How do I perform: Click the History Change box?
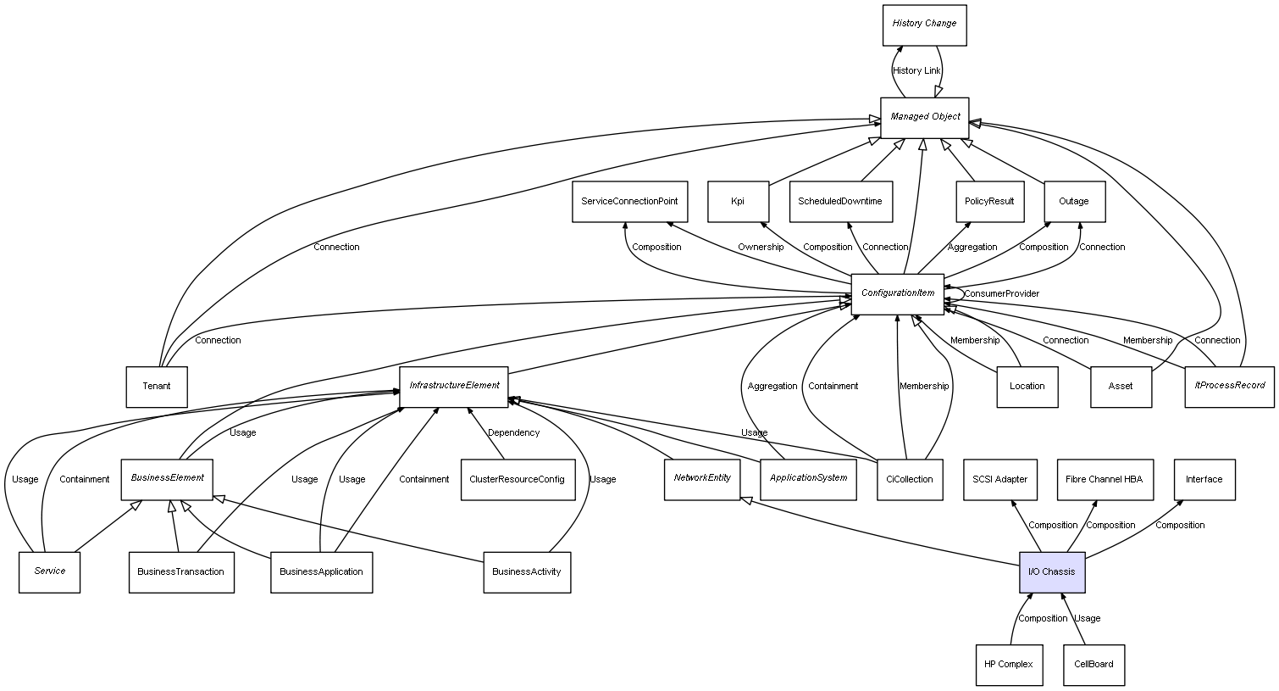[x=924, y=25]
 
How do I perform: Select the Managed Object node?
[x=924, y=118]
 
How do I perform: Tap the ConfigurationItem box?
[x=897, y=294]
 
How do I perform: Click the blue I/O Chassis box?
[x=1051, y=572]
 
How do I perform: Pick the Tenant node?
[x=157, y=387]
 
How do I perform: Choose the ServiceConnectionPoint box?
[x=628, y=202]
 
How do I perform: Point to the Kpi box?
[x=738, y=202]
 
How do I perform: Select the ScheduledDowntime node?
[x=840, y=202]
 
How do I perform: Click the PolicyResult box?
[x=989, y=202]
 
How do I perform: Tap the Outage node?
[x=1074, y=202]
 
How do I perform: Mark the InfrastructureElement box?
[x=454, y=387]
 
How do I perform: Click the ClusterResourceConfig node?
[x=517, y=480]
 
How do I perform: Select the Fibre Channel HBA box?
[x=1104, y=480]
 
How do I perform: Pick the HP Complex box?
[x=1008, y=665]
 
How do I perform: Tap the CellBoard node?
[x=1094, y=665]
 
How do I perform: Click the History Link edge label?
[x=916, y=71]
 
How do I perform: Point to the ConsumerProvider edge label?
[x=1001, y=294]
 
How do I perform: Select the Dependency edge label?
[x=513, y=433]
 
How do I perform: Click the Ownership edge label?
[x=760, y=248]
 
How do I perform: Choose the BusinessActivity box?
[x=526, y=572]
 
